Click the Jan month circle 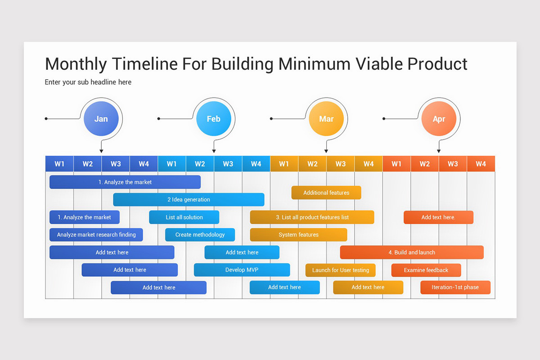(x=101, y=119)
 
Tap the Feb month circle (x=213, y=119)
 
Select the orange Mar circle (x=326, y=119)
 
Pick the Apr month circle (x=439, y=119)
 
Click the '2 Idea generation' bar (x=189, y=200)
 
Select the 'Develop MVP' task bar (x=242, y=270)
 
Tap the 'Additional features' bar (x=326, y=193)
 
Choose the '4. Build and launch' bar (x=412, y=252)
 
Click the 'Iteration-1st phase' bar (x=455, y=288)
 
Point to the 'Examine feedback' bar (x=426, y=270)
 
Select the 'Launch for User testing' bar (x=341, y=270)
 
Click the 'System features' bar (x=298, y=235)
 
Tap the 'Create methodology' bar (x=200, y=235)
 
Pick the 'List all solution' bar (x=184, y=217)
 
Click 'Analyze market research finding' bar (x=96, y=235)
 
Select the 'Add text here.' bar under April (x=438, y=217)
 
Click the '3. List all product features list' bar (x=312, y=217)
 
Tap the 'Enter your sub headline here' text (x=88, y=82)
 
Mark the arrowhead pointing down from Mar (x=326, y=151)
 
